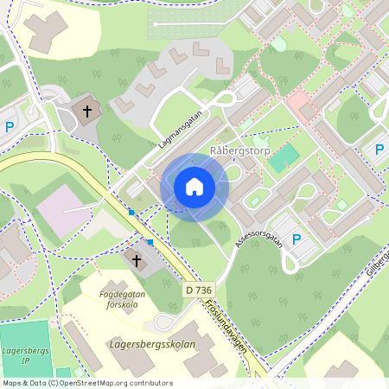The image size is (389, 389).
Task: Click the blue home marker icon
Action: coord(194,187)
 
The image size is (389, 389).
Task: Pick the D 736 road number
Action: coord(198,290)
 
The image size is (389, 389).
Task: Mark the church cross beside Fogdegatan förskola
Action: coord(136,259)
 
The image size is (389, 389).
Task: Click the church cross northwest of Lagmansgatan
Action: coord(86,111)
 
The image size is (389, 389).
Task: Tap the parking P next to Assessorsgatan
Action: coord(297,239)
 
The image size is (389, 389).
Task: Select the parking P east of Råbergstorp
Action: coord(379,150)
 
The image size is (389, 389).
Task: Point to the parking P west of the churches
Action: coord(10,127)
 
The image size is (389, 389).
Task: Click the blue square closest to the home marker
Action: coord(131,212)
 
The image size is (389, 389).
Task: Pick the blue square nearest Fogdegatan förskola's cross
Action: coord(150,242)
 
